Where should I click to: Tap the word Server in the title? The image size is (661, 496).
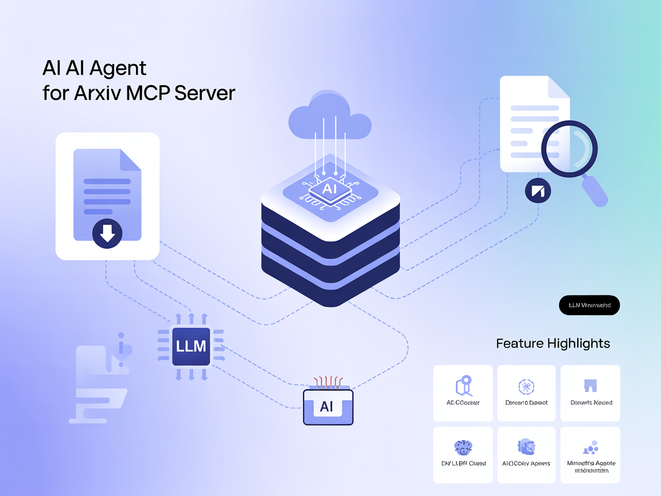pos(204,92)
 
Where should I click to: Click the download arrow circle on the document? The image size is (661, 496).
pos(107,233)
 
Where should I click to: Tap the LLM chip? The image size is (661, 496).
pos(190,346)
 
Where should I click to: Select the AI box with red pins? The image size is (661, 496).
pos(328,406)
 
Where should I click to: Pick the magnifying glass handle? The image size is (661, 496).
pos(595,191)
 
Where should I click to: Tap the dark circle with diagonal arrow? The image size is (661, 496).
pos(538,191)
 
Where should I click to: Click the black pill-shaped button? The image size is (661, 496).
pos(589,305)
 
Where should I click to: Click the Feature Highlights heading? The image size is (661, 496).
pos(553,343)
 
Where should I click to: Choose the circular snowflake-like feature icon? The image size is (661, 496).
pos(526,386)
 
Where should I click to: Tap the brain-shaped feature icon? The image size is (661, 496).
pos(462,447)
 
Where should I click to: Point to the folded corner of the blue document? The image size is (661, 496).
pos(130,159)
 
